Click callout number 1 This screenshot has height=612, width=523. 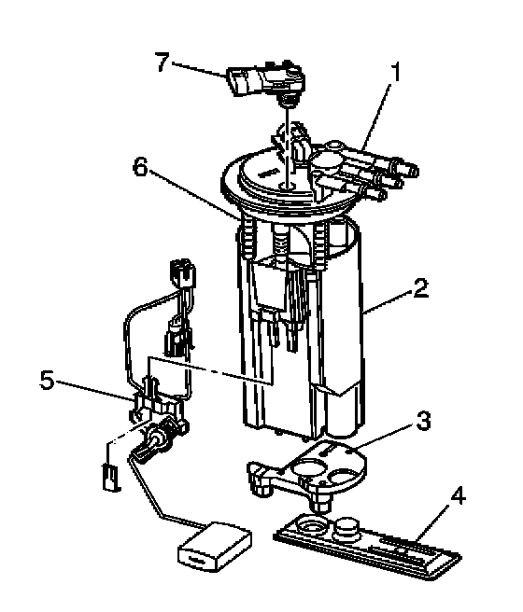(396, 73)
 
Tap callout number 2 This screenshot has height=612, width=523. (419, 288)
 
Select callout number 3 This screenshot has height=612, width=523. (423, 421)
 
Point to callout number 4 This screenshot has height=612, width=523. (458, 497)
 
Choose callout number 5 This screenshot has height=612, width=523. (47, 380)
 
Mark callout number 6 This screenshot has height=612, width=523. (141, 168)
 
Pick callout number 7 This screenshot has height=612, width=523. (163, 62)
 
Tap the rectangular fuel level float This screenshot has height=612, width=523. (215, 547)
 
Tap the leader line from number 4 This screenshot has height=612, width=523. (433, 523)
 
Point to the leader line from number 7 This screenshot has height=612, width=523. (198, 68)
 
